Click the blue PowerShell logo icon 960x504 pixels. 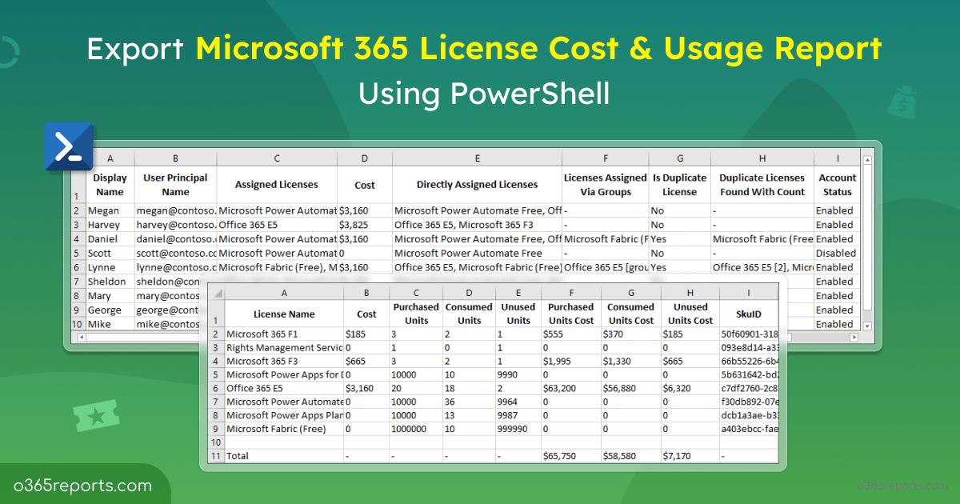point(69,146)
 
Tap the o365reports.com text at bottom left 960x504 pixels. point(82,485)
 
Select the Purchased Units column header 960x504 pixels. point(416,314)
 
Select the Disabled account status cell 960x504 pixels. point(835,253)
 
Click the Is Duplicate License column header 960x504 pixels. point(679,185)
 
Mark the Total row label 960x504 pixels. point(238,455)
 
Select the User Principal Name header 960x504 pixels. point(175,185)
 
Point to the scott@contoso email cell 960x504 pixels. point(175,253)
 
